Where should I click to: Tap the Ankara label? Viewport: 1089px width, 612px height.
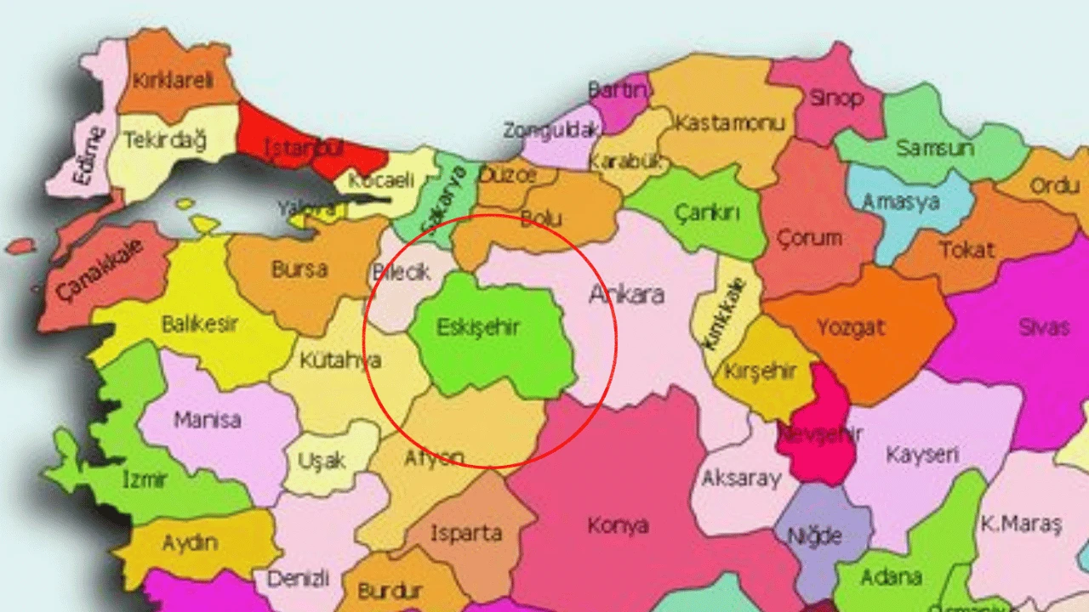626,295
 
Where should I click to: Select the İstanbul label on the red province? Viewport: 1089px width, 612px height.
304,147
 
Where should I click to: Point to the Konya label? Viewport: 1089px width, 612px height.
618,525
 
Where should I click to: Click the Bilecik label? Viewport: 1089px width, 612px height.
402,273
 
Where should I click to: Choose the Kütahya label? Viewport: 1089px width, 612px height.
340,360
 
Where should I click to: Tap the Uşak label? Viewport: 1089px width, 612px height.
322,461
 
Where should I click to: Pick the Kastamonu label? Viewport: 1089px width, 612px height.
729,123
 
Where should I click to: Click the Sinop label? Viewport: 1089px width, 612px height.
835,98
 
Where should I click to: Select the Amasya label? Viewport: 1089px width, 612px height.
900,202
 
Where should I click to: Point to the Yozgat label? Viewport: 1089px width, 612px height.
851,326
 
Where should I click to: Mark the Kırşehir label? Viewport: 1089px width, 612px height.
760,371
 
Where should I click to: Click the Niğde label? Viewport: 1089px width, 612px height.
814,535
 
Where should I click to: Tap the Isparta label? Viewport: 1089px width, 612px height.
465,534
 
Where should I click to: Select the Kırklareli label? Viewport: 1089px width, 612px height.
174,81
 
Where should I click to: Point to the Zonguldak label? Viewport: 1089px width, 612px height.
551,130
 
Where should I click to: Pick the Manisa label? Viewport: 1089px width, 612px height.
207,420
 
